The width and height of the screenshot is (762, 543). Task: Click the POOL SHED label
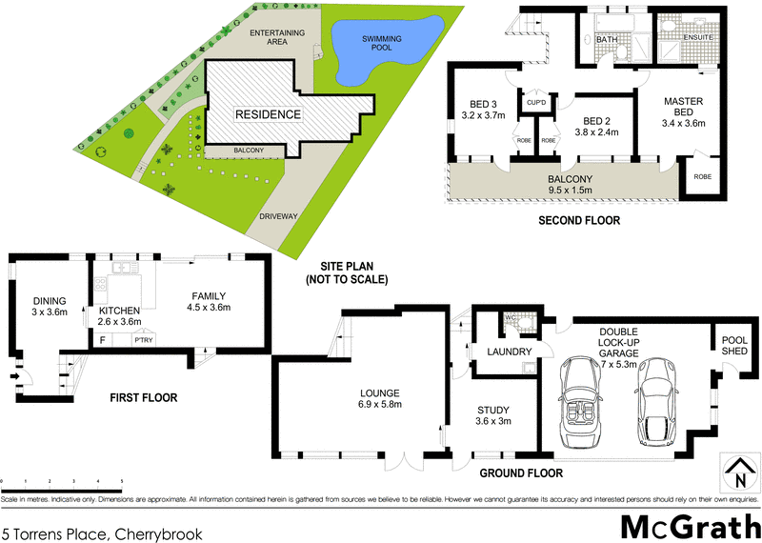[734, 344]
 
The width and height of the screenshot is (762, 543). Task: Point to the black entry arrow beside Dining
[14, 376]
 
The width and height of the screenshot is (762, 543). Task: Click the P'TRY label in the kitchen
[144, 340]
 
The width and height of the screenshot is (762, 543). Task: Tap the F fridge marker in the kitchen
[102, 338]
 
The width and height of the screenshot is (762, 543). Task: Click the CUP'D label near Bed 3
[534, 102]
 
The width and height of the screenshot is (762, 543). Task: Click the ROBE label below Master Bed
[702, 177]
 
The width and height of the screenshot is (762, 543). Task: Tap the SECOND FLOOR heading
[579, 220]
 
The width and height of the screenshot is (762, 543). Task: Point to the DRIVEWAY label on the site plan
[278, 215]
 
